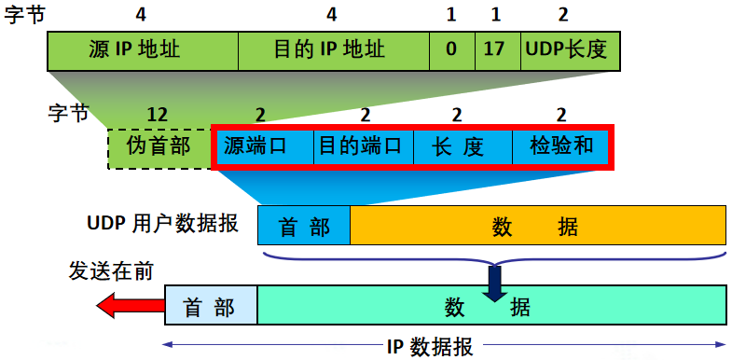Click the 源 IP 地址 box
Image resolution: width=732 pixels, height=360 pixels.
coord(143,48)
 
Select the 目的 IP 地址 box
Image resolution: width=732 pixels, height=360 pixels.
coord(333,48)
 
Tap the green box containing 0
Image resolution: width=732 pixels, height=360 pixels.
coord(451,48)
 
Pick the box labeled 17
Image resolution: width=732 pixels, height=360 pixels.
coord(495,48)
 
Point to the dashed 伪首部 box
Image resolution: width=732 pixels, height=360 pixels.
coord(159,147)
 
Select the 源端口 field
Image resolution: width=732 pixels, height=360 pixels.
coord(264,146)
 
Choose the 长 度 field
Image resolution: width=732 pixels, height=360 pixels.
coord(458,146)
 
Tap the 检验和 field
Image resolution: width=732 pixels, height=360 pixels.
coord(560,146)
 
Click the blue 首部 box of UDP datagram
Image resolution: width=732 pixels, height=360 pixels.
coord(304,226)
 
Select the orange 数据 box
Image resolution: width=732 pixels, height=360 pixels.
coord(537,226)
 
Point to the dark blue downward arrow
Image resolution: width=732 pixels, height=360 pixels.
coord(494,282)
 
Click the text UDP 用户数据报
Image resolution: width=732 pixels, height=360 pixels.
coord(162,224)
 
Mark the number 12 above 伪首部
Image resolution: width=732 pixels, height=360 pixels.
coord(158,115)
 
